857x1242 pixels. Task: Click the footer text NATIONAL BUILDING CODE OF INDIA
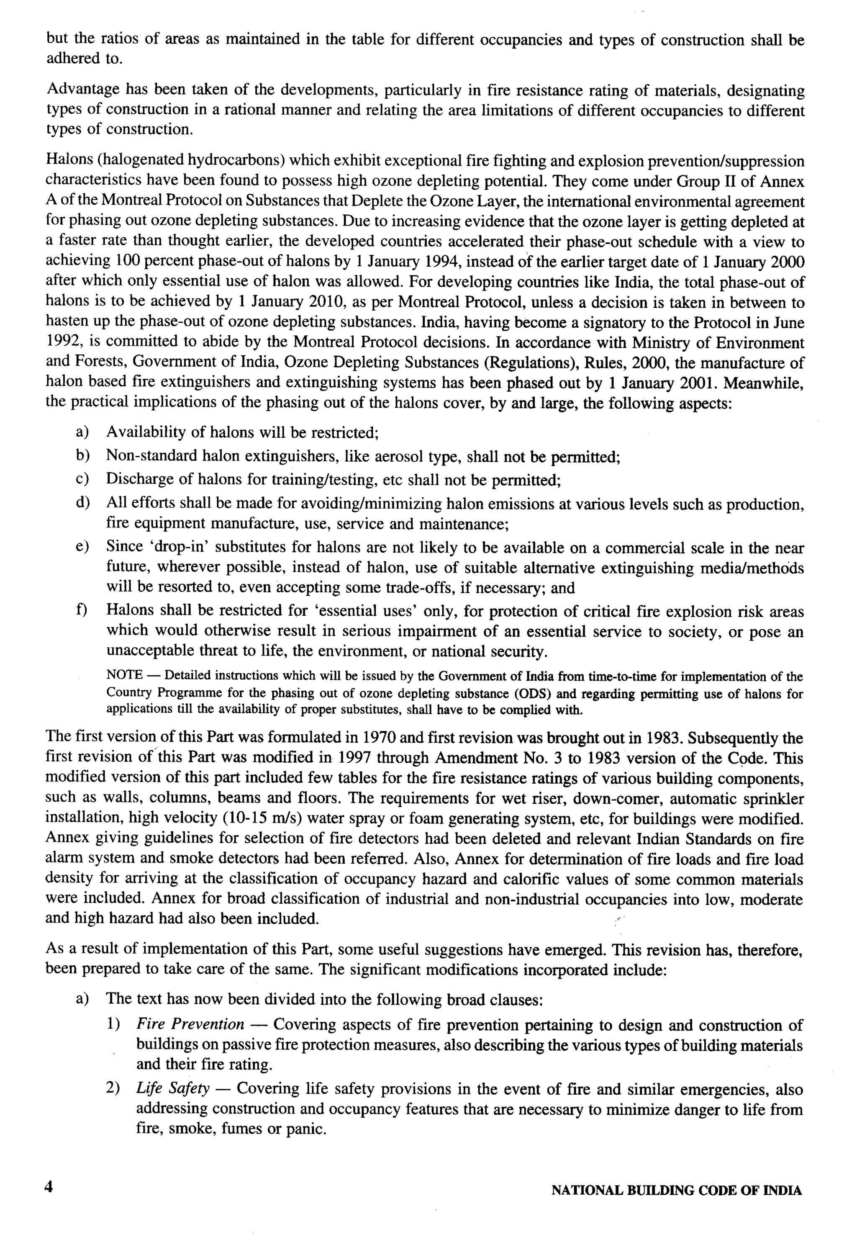676,1191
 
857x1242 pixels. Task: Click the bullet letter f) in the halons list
82,610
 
